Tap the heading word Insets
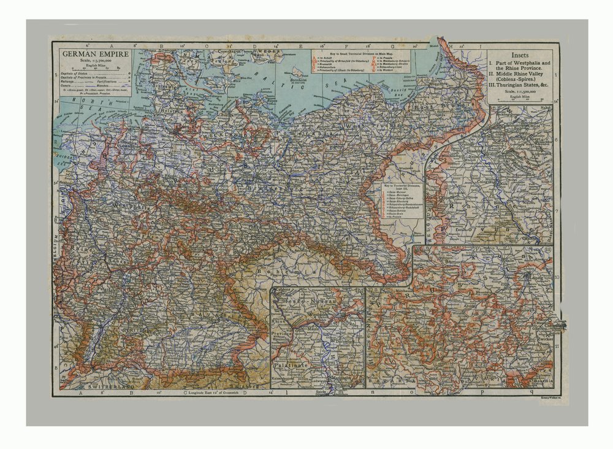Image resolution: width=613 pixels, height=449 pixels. (520, 55)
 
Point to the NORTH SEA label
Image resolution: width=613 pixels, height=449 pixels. (80, 117)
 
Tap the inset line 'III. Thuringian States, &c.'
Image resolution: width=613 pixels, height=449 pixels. (520, 85)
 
